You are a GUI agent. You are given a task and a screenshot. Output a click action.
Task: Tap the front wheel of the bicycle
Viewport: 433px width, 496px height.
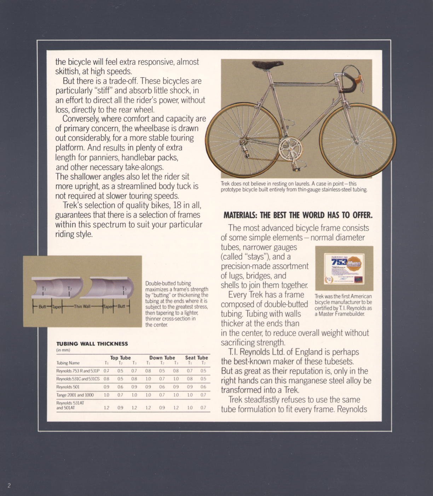[x=358, y=140]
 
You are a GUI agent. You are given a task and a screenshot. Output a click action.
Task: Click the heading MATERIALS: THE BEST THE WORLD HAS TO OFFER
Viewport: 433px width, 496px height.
[x=298, y=215]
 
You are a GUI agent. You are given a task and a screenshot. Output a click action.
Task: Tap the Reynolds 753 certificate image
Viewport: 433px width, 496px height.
[x=344, y=268]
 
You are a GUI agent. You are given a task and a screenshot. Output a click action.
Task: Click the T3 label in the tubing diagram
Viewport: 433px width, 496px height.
[x=124, y=289]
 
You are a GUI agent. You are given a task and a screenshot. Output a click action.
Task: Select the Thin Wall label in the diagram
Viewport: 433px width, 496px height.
[x=82, y=306]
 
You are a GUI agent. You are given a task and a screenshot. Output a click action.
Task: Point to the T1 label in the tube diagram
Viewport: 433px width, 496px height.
[x=44, y=289]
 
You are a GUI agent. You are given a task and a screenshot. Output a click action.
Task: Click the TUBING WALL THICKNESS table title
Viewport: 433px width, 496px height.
[x=92, y=343]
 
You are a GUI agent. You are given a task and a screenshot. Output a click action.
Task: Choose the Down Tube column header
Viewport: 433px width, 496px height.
[x=162, y=358]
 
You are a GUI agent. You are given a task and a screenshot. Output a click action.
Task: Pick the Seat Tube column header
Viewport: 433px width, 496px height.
[x=196, y=358]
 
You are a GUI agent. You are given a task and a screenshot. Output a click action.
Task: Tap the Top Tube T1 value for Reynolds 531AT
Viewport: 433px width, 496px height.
[x=106, y=408]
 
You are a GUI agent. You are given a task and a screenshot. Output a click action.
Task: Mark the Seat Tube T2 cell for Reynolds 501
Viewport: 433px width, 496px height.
[x=203, y=387]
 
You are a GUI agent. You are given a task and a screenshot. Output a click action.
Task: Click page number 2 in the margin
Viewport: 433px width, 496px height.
[x=9, y=485]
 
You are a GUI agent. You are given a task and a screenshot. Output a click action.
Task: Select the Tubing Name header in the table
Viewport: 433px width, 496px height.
[x=68, y=363]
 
